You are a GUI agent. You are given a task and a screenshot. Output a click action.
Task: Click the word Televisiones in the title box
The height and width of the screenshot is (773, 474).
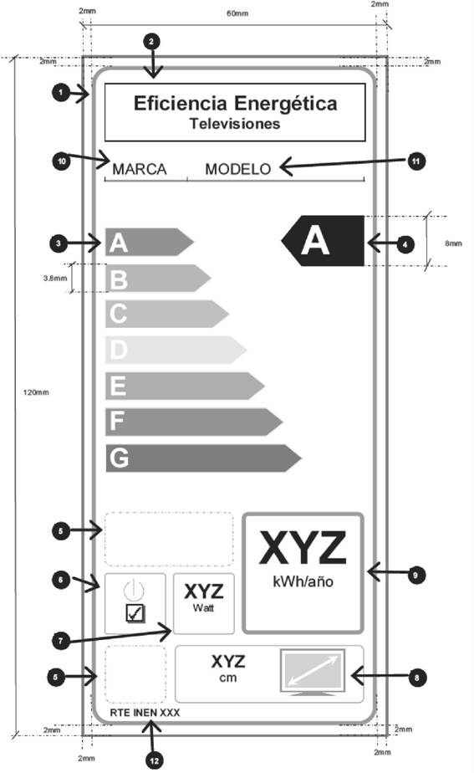point(235,123)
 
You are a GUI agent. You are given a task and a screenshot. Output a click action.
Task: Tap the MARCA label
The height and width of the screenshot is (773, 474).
point(140,169)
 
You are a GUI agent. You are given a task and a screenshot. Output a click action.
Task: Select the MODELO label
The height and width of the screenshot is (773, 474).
point(238,169)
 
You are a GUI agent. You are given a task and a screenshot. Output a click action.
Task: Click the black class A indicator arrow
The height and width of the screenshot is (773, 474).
point(323,241)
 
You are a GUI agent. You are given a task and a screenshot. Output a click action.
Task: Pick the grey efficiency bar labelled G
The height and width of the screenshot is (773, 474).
point(203,458)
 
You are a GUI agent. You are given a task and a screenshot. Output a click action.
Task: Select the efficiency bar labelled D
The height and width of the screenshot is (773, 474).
point(176,350)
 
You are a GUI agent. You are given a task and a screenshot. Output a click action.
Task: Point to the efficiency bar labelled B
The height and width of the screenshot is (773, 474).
point(158,278)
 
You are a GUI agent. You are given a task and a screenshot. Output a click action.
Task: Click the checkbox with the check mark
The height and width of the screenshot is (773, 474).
point(135,612)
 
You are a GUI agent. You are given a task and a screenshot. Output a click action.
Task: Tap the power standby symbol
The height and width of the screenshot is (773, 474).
point(134,589)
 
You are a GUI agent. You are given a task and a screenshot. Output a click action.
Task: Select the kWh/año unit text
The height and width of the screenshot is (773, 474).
point(303,582)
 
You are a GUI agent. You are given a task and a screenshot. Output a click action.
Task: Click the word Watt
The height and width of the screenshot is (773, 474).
point(203,607)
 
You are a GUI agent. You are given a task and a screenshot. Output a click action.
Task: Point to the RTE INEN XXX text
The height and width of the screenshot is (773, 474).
point(145,713)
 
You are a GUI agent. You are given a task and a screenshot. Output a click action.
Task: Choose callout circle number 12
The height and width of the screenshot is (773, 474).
point(155,760)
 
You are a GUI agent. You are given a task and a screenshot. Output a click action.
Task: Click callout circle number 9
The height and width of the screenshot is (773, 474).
point(415,575)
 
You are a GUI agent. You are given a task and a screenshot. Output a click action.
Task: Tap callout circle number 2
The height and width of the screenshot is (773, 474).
point(151,42)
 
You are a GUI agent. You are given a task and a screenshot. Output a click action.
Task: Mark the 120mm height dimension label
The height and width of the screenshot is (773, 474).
point(37,392)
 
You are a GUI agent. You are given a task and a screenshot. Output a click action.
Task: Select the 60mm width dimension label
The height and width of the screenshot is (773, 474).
point(237,13)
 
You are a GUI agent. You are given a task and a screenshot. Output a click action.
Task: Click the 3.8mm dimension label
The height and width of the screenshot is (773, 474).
point(55,278)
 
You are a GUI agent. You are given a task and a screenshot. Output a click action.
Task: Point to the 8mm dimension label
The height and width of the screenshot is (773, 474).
point(453,243)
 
